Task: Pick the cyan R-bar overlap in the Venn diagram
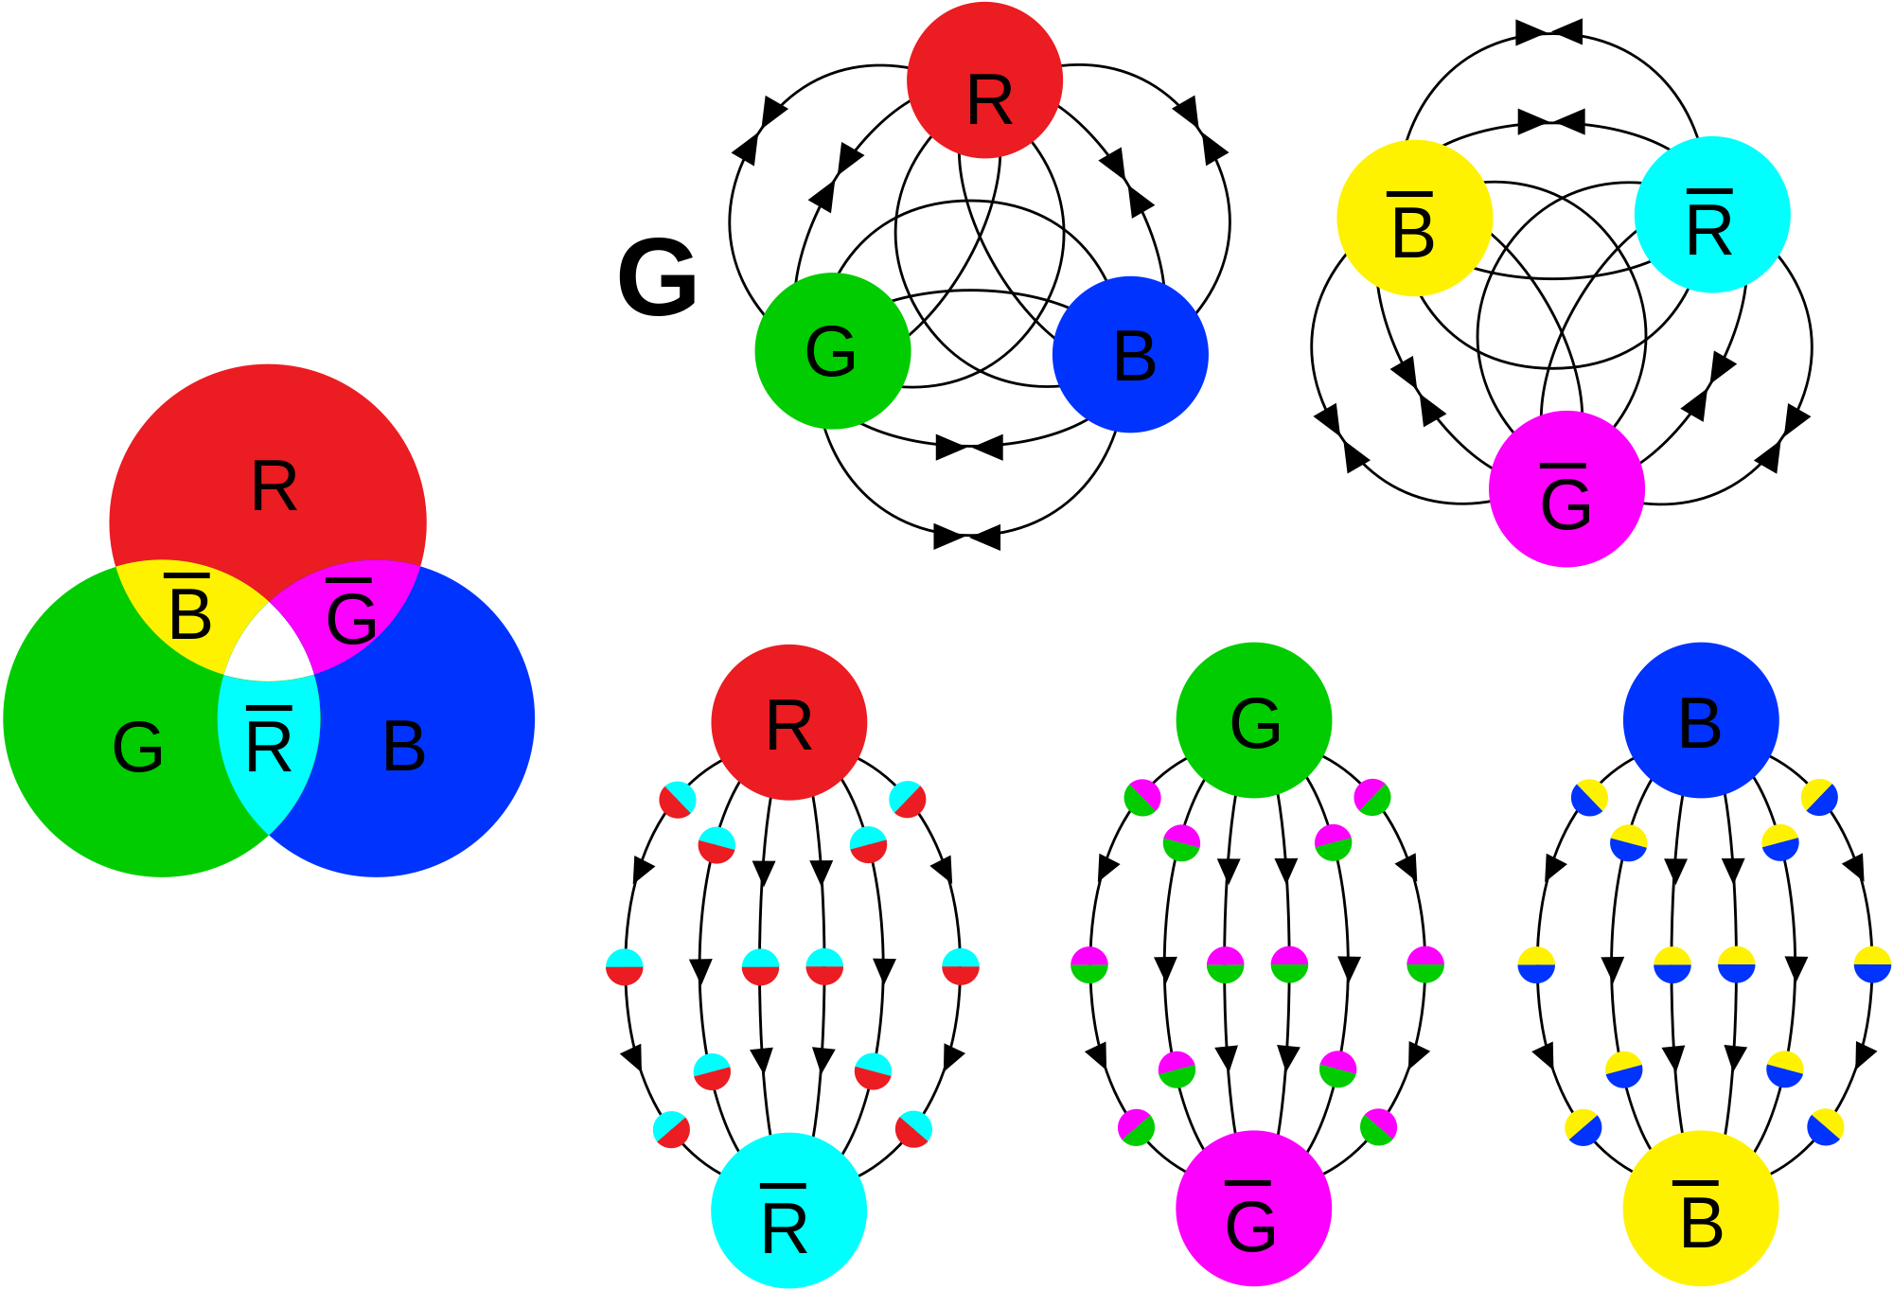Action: (269, 748)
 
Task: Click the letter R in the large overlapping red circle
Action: (274, 487)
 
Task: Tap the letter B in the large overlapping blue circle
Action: (404, 747)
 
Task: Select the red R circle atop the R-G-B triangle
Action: (984, 80)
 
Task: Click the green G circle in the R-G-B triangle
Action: (833, 351)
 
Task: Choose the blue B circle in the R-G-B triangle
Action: (1130, 355)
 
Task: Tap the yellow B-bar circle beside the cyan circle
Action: (1414, 218)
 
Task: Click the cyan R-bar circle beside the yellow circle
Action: (1711, 215)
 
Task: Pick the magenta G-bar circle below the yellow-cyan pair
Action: (1566, 489)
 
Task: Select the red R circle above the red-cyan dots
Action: (788, 722)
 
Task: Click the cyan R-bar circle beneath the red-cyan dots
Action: (788, 1210)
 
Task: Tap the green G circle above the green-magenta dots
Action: (1253, 720)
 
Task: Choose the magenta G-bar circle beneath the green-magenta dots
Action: (1253, 1209)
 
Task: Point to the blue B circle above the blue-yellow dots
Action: (1701, 720)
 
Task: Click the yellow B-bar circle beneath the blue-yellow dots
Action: (1701, 1209)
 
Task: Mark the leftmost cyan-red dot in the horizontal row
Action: (625, 966)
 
